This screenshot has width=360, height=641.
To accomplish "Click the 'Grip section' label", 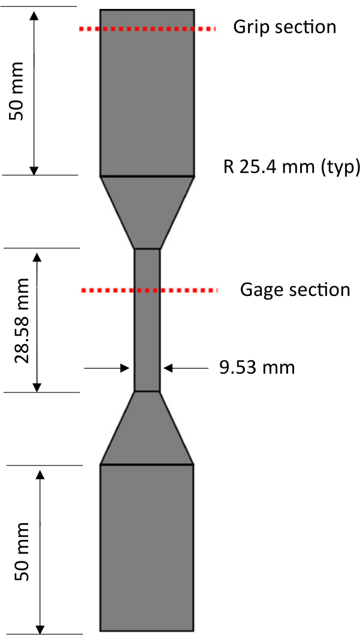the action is point(285,27).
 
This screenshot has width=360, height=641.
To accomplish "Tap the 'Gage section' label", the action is point(295,290).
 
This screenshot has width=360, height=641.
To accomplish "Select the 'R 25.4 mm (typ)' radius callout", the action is point(292,166).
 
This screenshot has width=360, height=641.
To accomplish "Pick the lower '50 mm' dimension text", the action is point(22,551).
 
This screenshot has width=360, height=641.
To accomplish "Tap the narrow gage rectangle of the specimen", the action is point(147,335).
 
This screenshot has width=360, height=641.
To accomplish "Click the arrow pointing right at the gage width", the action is point(108,368).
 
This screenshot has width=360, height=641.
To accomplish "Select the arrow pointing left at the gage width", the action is point(186,368).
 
